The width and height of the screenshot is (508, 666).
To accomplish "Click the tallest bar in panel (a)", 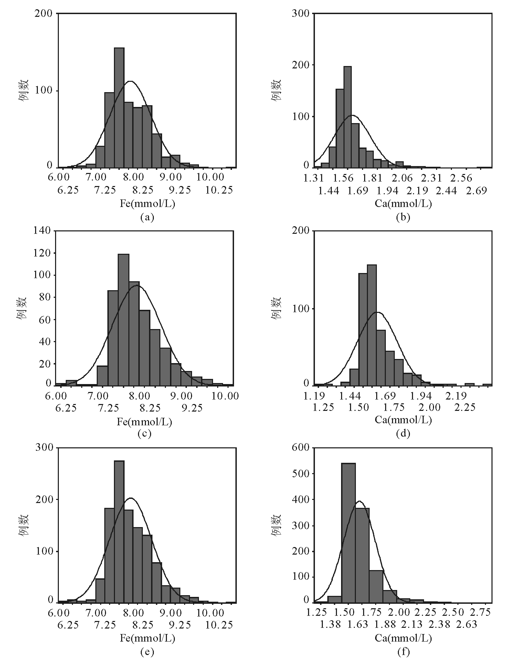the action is (x=119, y=108).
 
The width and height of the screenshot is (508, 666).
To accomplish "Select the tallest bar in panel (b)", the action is (x=348, y=117).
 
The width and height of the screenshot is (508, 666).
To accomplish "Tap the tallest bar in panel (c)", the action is (x=124, y=319).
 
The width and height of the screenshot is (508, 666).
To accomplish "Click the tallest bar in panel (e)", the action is (x=119, y=532).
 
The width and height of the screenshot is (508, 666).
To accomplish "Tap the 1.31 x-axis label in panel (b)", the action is (x=314, y=178).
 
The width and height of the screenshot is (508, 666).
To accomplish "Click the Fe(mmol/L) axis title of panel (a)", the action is (x=147, y=204).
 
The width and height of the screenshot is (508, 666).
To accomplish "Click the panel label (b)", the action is (x=403, y=217).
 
